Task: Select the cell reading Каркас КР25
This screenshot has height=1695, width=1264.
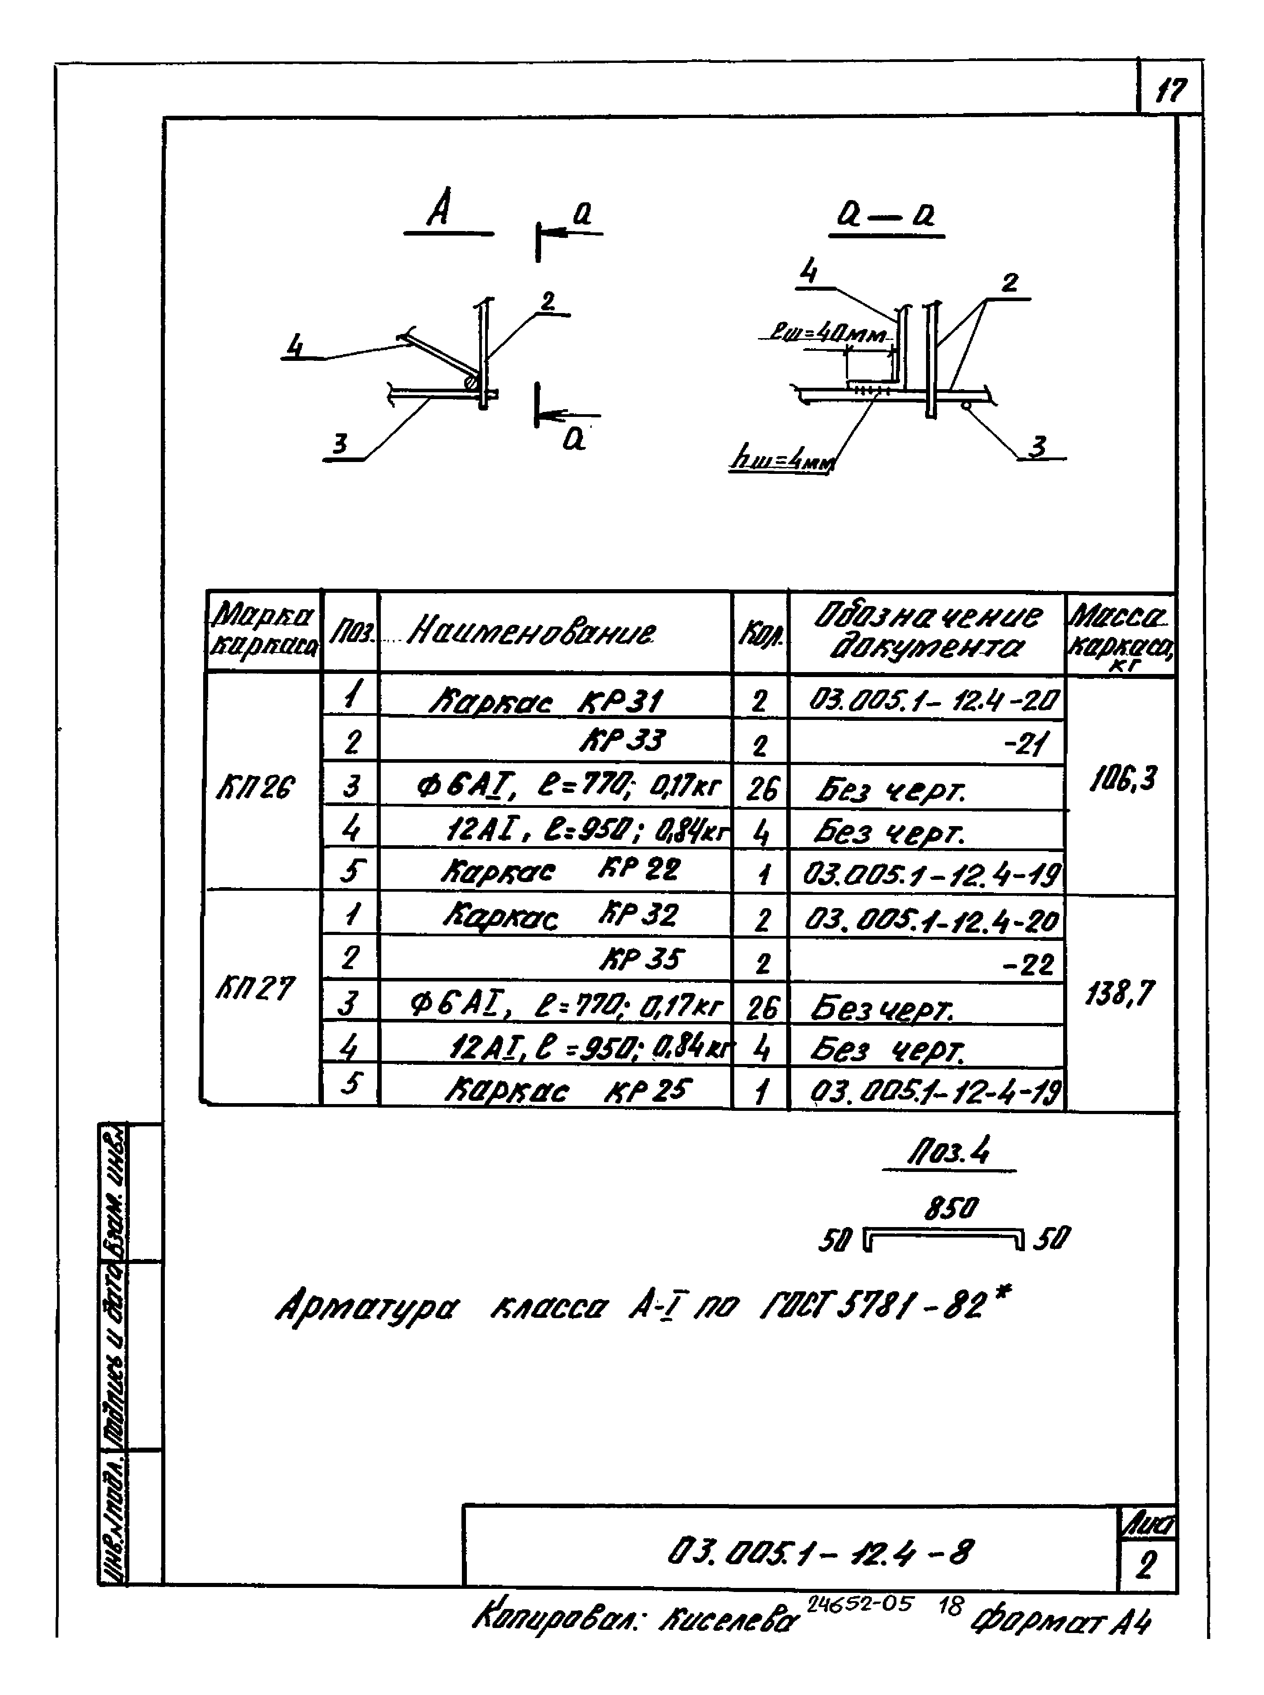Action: point(567,1090)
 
